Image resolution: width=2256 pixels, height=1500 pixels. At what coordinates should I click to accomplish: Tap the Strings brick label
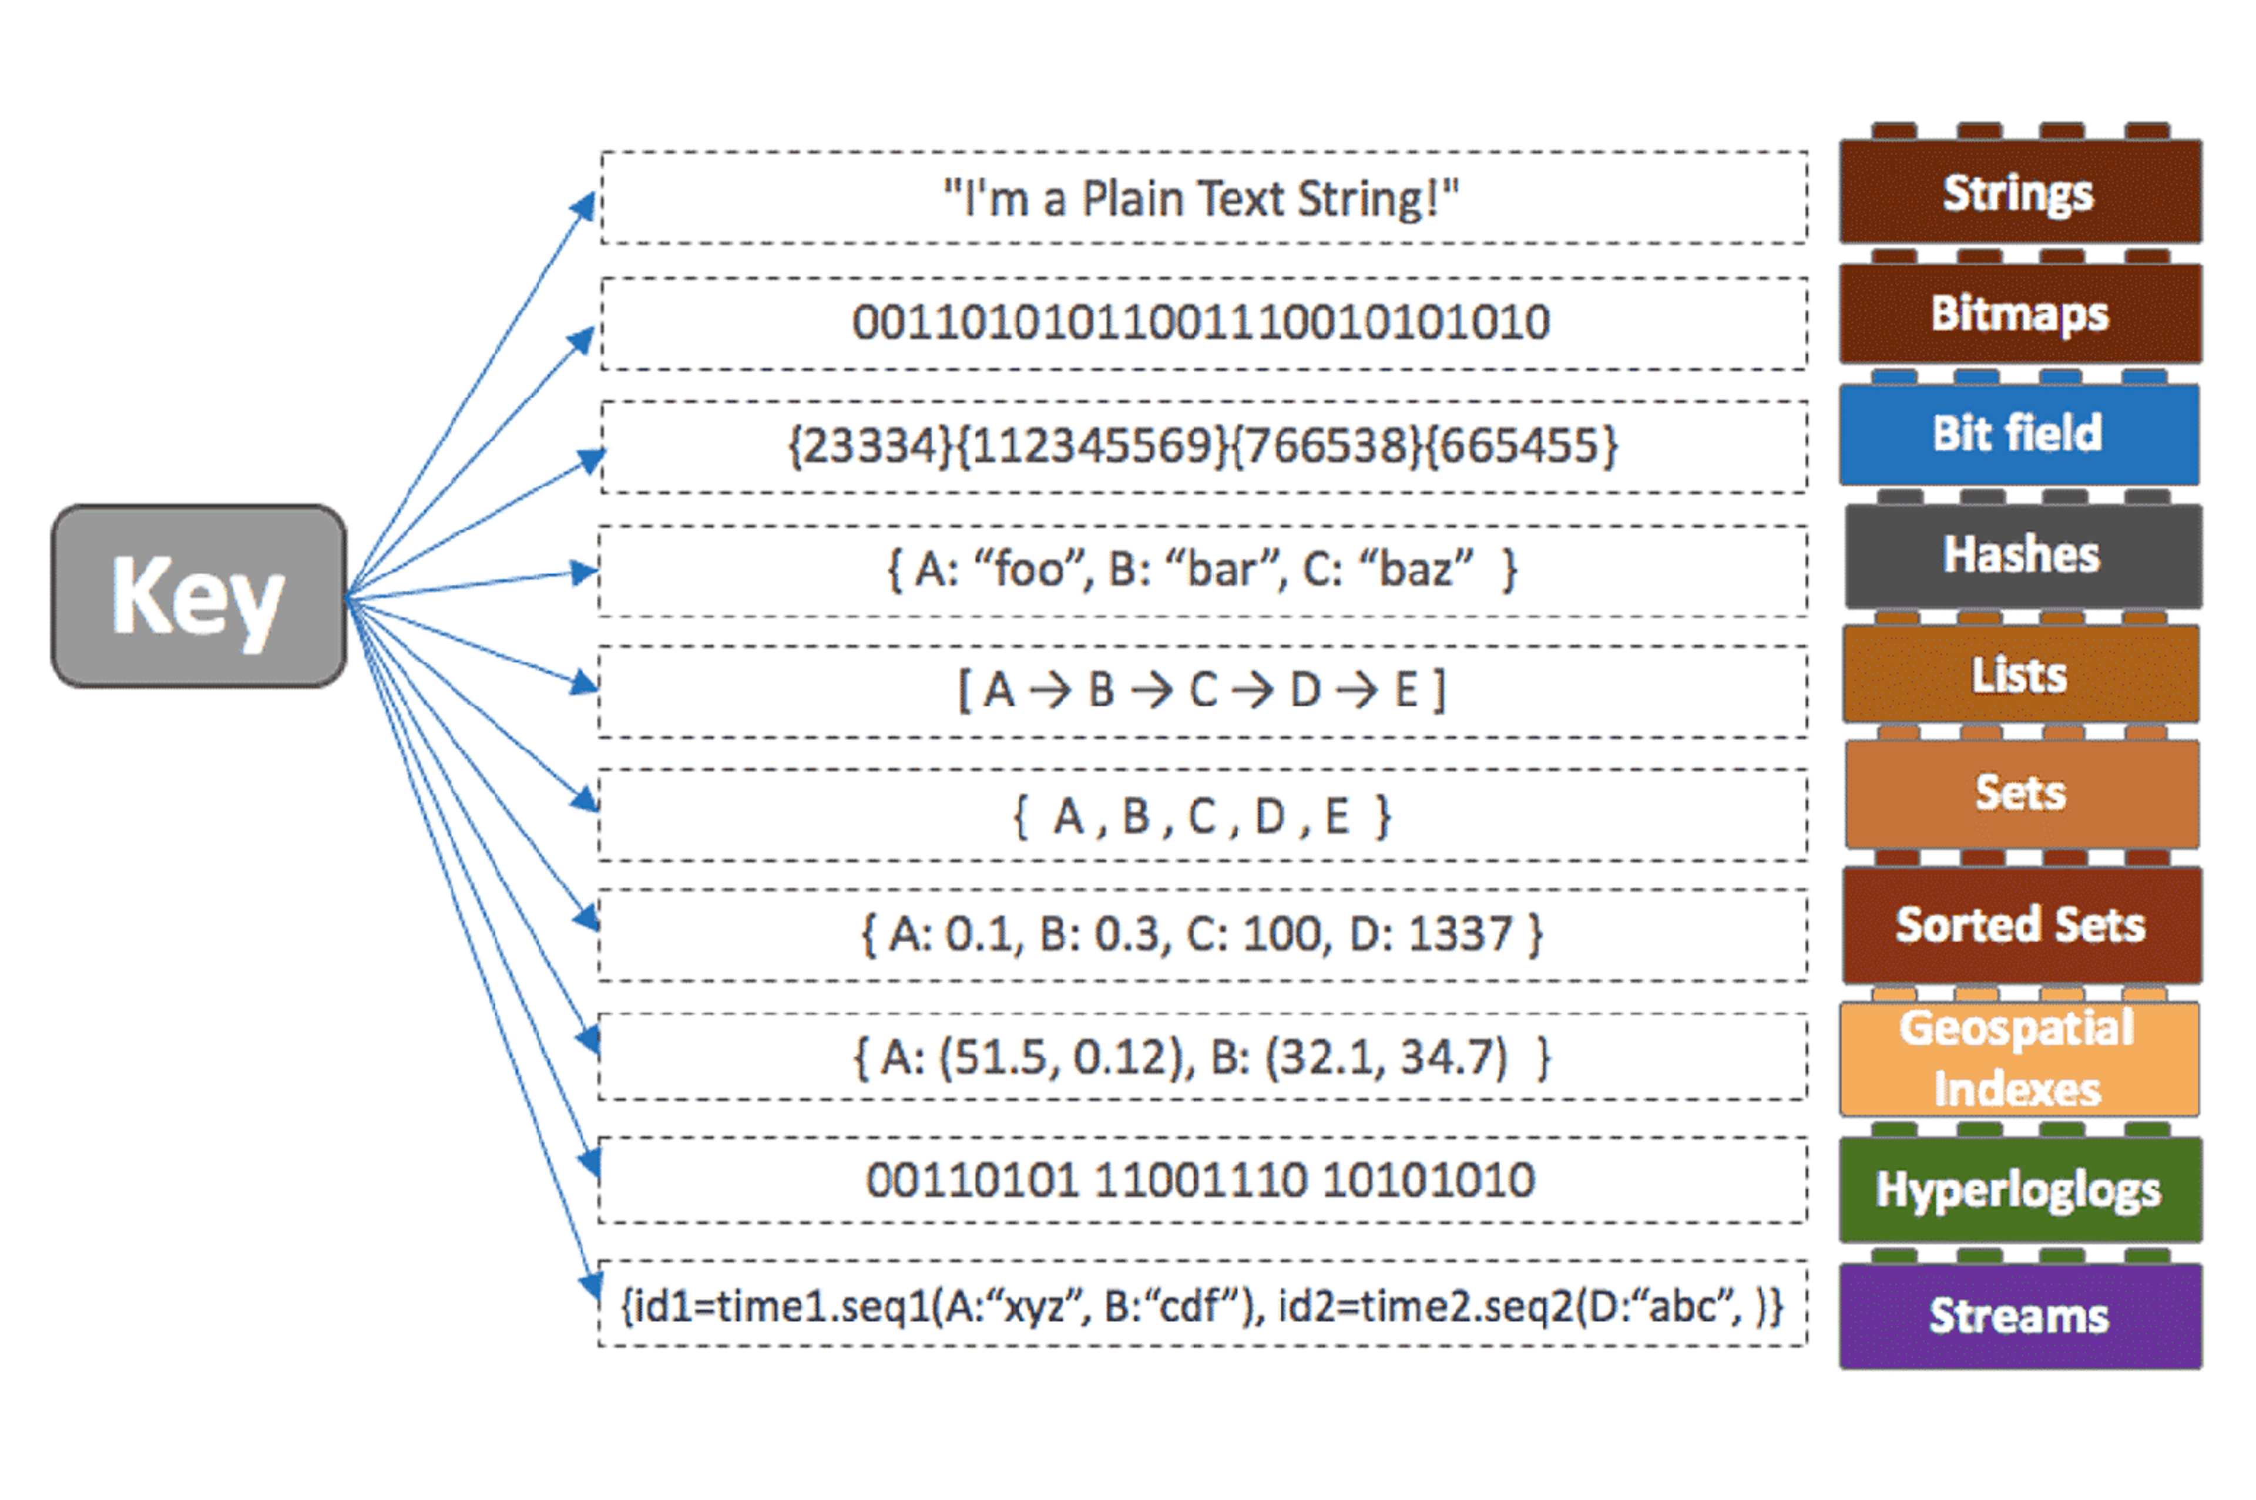(x=2018, y=193)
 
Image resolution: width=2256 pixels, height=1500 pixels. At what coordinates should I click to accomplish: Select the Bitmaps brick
(x=2019, y=314)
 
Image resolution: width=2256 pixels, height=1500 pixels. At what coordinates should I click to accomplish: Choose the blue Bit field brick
(x=2018, y=433)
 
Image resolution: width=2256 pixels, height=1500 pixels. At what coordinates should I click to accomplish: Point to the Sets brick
(x=2020, y=793)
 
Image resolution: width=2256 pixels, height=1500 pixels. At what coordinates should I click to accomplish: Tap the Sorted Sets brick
(x=2020, y=925)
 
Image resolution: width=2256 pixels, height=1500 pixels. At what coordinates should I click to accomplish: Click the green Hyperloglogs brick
(x=2019, y=1190)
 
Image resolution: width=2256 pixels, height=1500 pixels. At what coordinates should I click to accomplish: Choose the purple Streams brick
(x=2019, y=1316)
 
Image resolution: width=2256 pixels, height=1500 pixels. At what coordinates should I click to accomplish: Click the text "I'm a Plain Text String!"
(x=1201, y=199)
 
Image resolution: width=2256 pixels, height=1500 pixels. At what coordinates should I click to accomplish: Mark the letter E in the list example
(x=1405, y=690)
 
